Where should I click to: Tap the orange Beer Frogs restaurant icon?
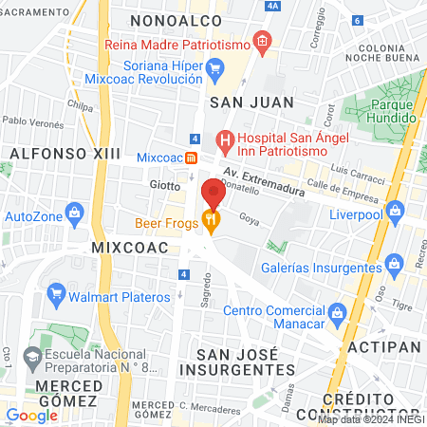[211, 224]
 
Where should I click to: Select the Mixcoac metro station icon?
[191, 158]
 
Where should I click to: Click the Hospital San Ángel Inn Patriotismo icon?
[225, 143]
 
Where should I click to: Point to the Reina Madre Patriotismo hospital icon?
[263, 44]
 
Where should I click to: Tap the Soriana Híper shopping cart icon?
[214, 66]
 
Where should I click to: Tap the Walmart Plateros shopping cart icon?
[55, 295]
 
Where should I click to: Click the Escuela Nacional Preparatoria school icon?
[32, 359]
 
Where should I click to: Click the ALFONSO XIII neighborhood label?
[50, 152]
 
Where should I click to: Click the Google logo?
[31, 415]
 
